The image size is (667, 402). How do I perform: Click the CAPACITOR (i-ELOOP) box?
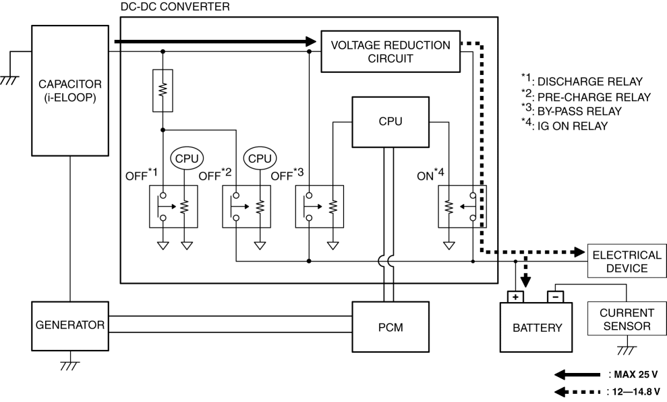tap(71, 91)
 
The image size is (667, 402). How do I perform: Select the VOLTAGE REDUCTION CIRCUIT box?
tap(390, 52)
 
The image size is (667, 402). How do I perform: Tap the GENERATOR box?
tap(71, 325)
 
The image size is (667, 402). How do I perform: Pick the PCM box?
tap(390, 326)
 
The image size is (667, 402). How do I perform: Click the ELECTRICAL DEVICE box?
tap(626, 261)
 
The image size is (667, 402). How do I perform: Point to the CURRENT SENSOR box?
tap(627, 320)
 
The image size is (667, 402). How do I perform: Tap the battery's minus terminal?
tap(554, 297)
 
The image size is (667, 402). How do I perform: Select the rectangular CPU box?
tap(390, 122)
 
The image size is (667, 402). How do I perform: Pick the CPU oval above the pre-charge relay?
tap(259, 159)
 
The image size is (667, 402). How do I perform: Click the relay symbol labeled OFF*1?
tap(174, 207)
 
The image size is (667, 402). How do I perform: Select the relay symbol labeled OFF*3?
tap(320, 207)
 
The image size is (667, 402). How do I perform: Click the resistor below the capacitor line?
tap(163, 91)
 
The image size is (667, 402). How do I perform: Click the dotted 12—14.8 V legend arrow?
tap(577, 391)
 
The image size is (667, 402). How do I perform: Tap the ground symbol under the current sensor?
tap(627, 350)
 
